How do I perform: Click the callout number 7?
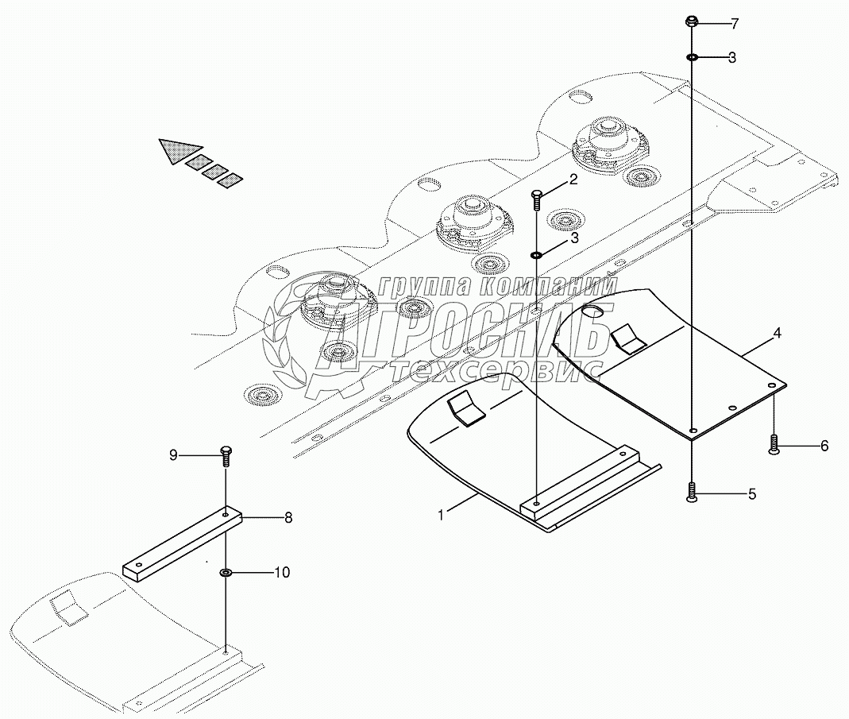(734, 24)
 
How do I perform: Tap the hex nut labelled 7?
(692, 21)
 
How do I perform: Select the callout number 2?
(573, 180)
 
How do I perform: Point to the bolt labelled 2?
(536, 199)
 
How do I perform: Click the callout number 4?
(777, 333)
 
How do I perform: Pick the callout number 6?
(824, 446)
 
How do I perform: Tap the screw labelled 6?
(774, 445)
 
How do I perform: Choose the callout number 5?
(752, 494)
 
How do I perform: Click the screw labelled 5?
(692, 492)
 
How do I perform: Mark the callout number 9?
(173, 455)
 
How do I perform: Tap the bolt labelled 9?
(226, 456)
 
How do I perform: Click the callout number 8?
(288, 518)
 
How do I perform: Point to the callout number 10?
(282, 572)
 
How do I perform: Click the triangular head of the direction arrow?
(179, 150)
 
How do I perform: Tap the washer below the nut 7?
(692, 56)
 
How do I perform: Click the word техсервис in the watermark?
(496, 372)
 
